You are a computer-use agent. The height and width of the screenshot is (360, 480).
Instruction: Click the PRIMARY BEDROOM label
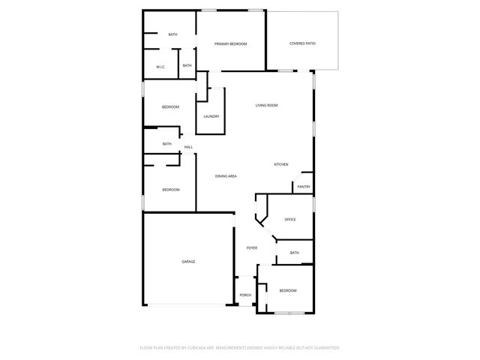pos(230,44)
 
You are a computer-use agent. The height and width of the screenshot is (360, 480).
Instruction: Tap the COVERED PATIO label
pos(302,44)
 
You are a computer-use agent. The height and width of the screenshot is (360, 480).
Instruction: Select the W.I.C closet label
pos(160,67)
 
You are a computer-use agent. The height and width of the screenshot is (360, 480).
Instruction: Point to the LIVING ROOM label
pos(266,106)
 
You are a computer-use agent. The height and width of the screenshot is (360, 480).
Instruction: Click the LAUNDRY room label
pos(211,116)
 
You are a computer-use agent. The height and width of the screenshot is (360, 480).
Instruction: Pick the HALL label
pos(188,147)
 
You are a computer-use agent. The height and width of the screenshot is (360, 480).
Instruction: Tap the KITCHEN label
pos(280,165)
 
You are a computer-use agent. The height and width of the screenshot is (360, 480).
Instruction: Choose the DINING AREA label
pos(226,176)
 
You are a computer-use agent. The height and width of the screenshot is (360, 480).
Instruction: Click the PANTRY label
pos(304,187)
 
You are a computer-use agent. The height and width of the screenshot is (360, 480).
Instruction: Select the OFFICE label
pos(290,220)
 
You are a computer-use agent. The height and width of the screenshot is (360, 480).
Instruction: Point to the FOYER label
pos(252,247)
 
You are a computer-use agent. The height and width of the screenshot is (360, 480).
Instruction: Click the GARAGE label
pos(188,262)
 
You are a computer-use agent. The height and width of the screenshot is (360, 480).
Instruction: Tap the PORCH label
pos(245,295)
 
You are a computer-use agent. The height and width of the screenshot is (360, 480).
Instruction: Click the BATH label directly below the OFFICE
pos(294,253)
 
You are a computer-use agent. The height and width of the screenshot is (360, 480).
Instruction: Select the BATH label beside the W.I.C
pos(187,66)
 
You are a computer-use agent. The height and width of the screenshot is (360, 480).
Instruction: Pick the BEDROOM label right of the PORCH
pos(288,290)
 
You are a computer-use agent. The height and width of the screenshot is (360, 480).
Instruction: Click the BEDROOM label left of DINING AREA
pos(171,190)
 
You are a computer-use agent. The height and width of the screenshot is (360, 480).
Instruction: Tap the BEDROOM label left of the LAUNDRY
pos(170,107)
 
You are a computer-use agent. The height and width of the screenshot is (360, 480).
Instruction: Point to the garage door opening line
pos(188,304)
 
